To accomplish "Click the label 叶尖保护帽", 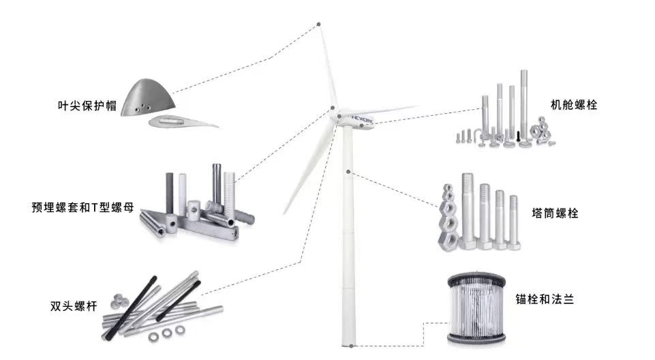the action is (87, 106).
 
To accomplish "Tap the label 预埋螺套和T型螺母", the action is (82, 207).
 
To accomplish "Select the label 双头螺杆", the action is (74, 306).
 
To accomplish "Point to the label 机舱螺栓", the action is (573, 105).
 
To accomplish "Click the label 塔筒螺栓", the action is (555, 213).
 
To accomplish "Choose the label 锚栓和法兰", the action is (545, 299).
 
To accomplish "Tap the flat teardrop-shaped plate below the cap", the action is (183, 121).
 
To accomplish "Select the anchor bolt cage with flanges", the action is (476, 309).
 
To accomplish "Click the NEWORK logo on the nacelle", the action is (362, 119).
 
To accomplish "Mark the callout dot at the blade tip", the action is (319, 25).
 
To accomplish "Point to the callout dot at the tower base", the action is (351, 346).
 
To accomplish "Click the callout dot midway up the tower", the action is (348, 172).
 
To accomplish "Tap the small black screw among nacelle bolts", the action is (519, 136).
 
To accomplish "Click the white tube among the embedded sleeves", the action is (183, 194).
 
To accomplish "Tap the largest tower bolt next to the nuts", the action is (468, 211).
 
